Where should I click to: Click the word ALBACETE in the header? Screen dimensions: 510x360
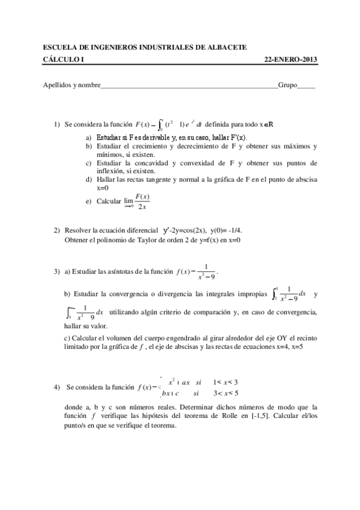click(226, 48)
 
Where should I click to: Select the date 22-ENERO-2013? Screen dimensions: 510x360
click(291, 60)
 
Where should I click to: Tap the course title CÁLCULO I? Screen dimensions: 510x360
click(64, 60)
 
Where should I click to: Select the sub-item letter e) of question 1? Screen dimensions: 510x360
click(89, 201)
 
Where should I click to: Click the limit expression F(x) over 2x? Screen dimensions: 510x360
click(142, 201)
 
